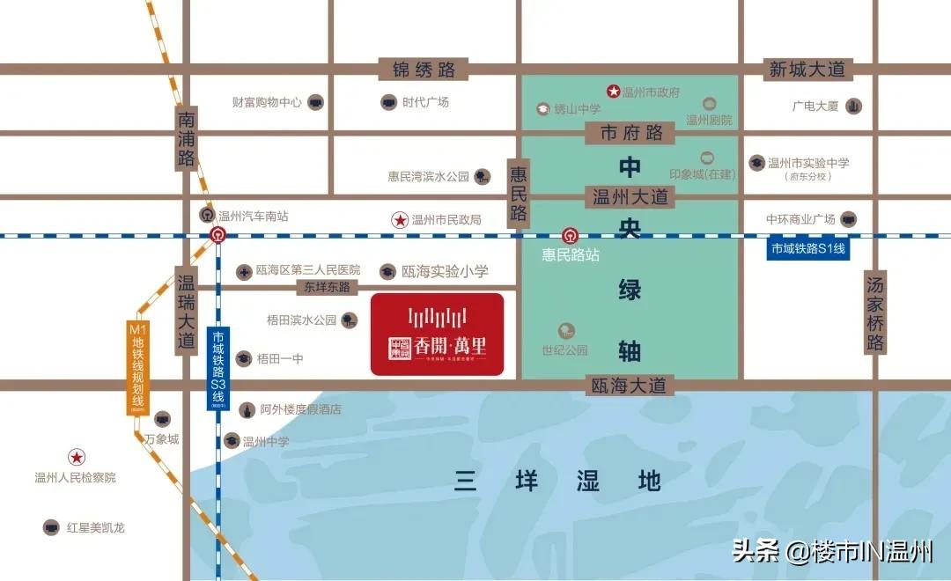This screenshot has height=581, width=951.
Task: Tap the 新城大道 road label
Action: click(x=807, y=70)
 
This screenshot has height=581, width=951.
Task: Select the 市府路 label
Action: click(x=630, y=134)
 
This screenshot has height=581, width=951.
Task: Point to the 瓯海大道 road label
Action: click(x=630, y=385)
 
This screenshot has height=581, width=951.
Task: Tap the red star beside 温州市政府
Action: click(x=614, y=92)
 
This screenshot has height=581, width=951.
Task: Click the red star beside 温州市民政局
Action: click(x=400, y=219)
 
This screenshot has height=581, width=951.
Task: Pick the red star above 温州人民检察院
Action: click(x=77, y=457)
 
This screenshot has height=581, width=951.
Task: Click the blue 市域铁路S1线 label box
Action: click(x=807, y=249)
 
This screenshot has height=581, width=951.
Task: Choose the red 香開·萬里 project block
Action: click(x=437, y=335)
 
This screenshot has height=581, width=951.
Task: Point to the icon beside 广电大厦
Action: click(x=853, y=107)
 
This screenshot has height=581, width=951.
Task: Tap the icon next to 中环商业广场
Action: click(x=849, y=219)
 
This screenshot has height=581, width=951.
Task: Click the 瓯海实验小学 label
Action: click(x=444, y=271)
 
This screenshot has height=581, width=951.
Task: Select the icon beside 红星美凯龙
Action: click(x=51, y=527)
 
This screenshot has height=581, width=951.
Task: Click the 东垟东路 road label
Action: click(x=327, y=287)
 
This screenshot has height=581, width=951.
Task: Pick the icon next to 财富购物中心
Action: click(x=314, y=102)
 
